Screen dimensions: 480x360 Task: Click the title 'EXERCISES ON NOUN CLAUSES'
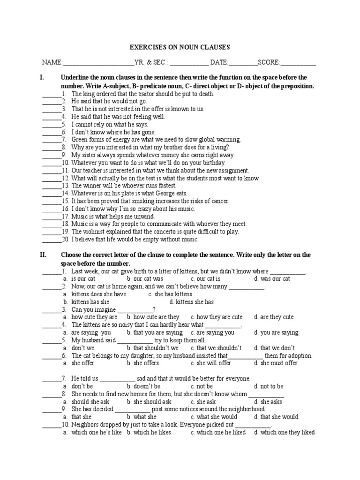[180, 47]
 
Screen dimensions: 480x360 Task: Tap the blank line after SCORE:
[298, 63]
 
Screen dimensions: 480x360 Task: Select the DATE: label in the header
[219, 62]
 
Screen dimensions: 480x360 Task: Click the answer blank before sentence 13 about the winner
[52, 186]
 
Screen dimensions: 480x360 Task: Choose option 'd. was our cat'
[272, 279]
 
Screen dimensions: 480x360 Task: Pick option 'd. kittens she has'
[191, 302]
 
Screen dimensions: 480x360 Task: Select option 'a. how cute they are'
[94, 317]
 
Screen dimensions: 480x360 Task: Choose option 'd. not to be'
[269, 386]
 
